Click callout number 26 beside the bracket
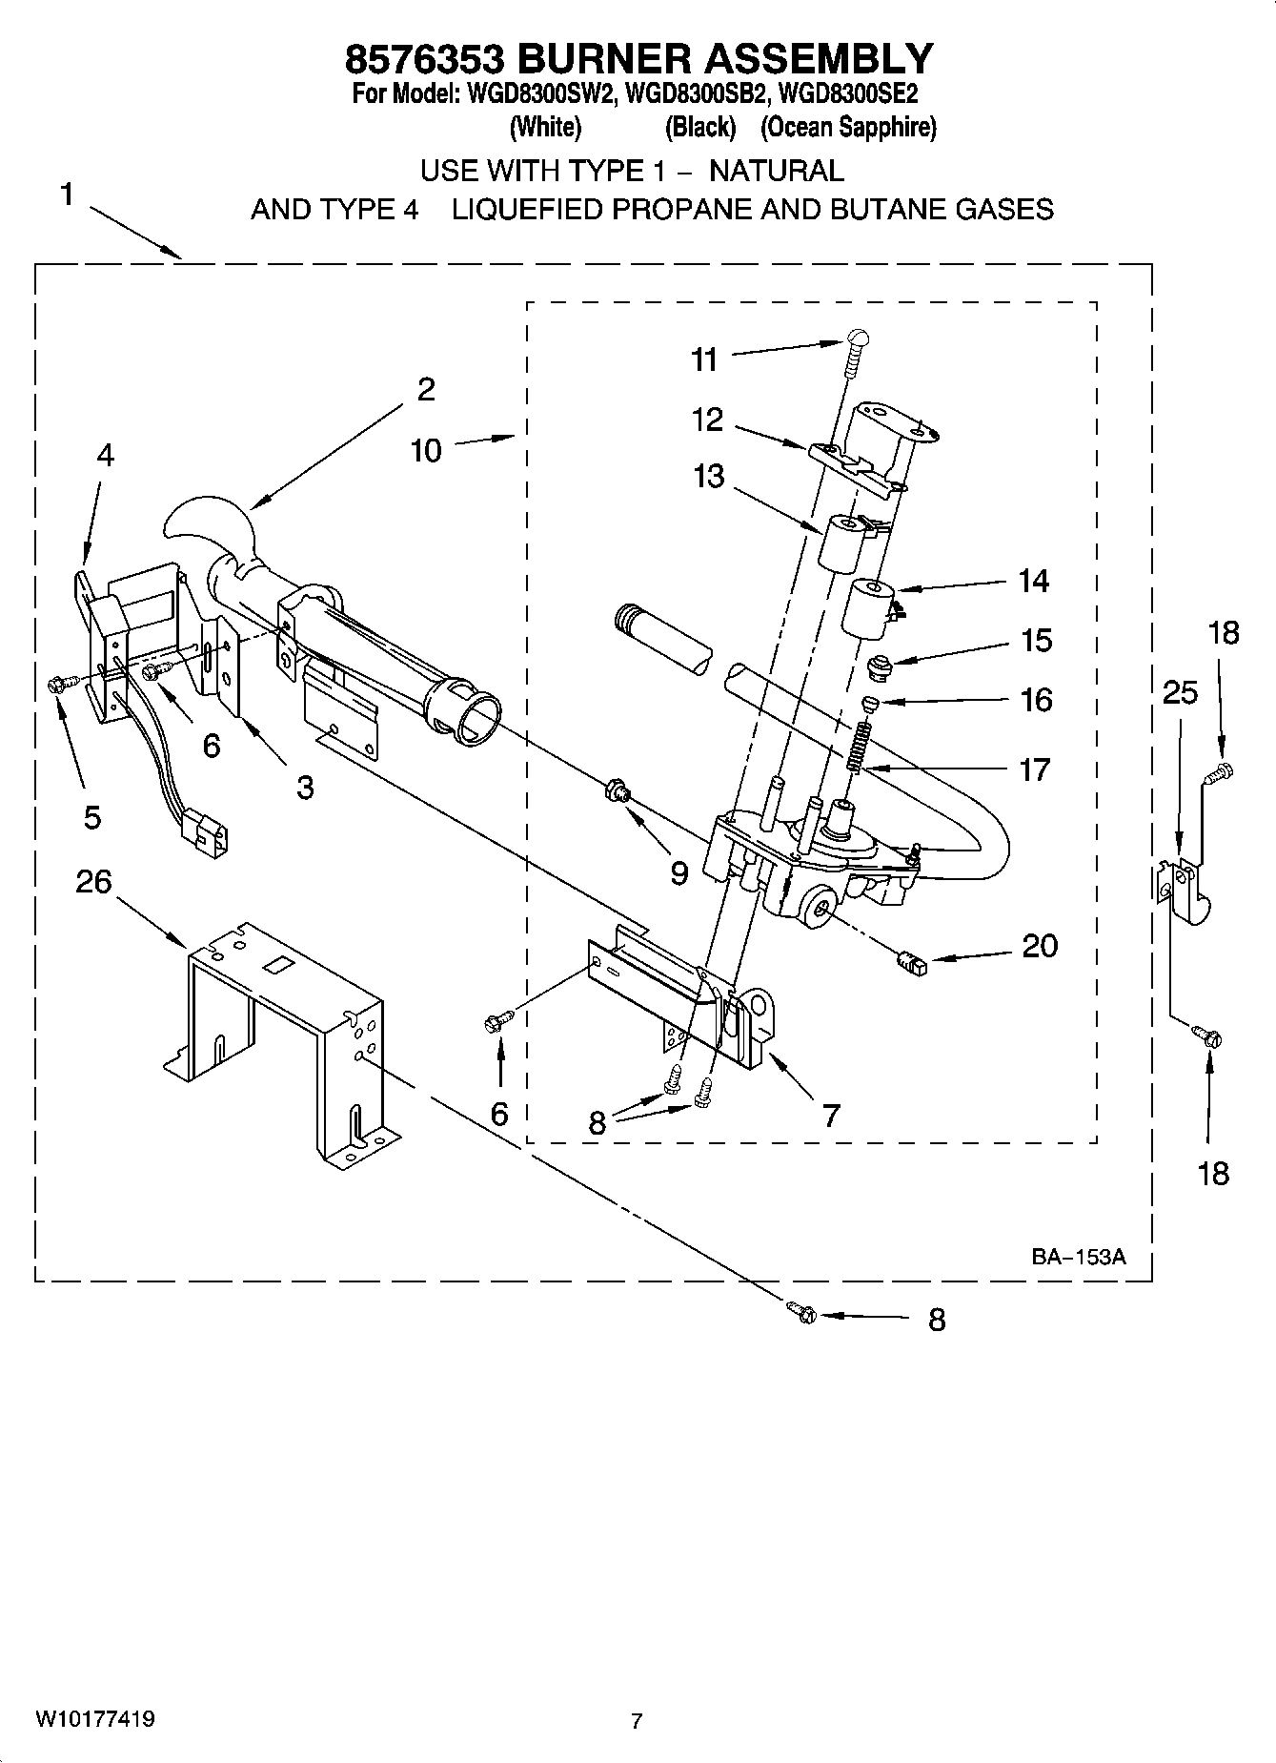93,882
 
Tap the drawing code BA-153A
1078,1257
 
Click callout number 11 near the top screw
704,359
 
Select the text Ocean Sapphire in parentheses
848,127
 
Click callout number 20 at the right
1040,946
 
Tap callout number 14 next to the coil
1034,581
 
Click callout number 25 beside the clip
1180,692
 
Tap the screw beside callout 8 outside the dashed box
803,1313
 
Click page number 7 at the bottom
637,1721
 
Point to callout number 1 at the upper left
66,195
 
